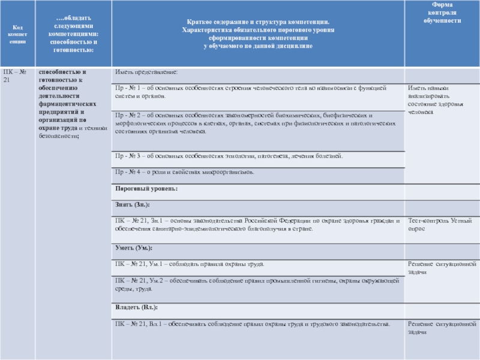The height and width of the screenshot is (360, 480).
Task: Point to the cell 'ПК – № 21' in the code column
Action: tap(17, 76)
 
